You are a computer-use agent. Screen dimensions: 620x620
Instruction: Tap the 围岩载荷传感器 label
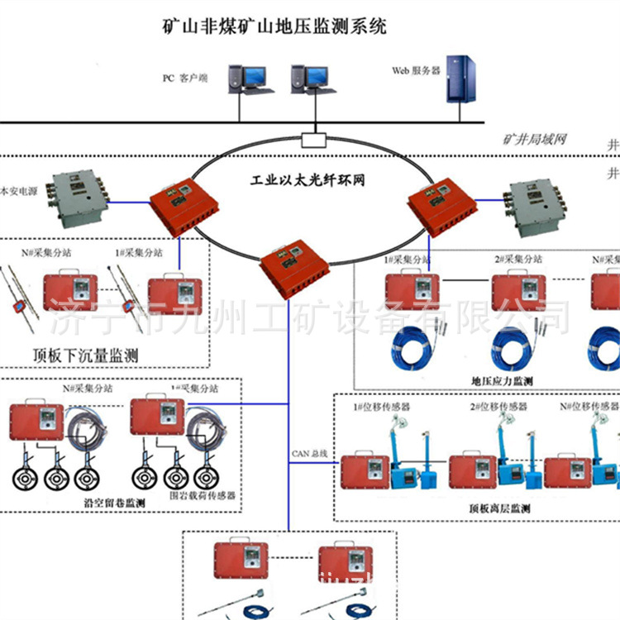(x=203, y=496)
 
